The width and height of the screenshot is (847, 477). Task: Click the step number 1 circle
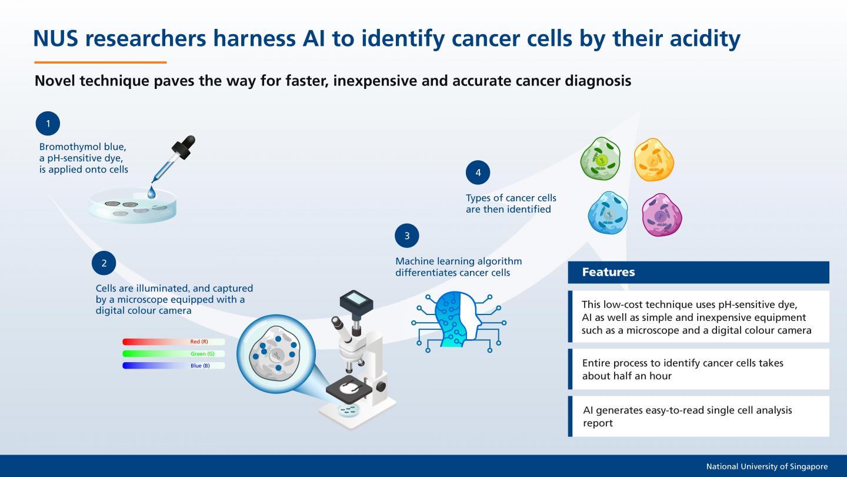click(x=48, y=124)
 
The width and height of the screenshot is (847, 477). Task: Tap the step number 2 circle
click(x=104, y=263)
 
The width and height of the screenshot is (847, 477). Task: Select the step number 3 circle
click(x=406, y=236)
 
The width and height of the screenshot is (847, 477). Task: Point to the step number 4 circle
click(x=478, y=173)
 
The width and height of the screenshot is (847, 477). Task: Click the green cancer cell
click(x=601, y=159)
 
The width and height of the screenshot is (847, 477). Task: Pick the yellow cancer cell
click(x=653, y=160)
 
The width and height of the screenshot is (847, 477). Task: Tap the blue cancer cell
click(x=608, y=212)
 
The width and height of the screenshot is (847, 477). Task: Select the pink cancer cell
click(x=662, y=214)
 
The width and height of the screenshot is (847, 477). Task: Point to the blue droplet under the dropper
click(x=152, y=192)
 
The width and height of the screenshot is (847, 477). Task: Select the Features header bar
click(x=698, y=272)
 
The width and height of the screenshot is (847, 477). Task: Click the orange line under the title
click(x=100, y=62)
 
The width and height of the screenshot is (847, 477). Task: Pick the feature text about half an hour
click(x=682, y=369)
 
